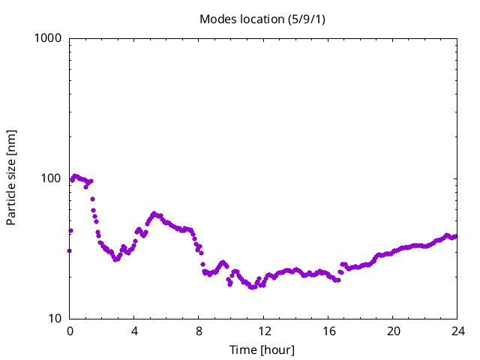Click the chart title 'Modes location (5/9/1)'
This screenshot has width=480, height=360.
(262, 19)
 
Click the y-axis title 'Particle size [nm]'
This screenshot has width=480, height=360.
(11, 178)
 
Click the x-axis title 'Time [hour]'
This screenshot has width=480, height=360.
(262, 350)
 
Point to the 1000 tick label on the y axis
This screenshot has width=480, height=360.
(47, 38)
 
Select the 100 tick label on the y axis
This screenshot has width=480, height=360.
(50, 178)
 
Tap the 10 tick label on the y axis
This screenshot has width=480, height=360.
(53, 319)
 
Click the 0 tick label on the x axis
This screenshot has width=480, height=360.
(70, 331)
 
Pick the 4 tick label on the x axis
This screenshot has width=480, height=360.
(134, 331)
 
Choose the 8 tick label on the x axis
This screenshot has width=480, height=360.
(199, 331)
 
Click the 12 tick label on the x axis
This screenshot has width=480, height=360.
(263, 331)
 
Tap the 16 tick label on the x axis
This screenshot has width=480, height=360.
(328, 331)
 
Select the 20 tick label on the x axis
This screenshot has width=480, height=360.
(392, 331)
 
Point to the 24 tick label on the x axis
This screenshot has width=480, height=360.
(457, 331)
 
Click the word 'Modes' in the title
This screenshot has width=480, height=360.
(216, 19)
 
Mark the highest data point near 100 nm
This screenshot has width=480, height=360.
(75, 176)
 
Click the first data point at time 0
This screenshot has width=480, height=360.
(70, 250)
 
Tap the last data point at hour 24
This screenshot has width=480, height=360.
(455, 236)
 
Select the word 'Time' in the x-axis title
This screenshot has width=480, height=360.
(243, 350)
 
